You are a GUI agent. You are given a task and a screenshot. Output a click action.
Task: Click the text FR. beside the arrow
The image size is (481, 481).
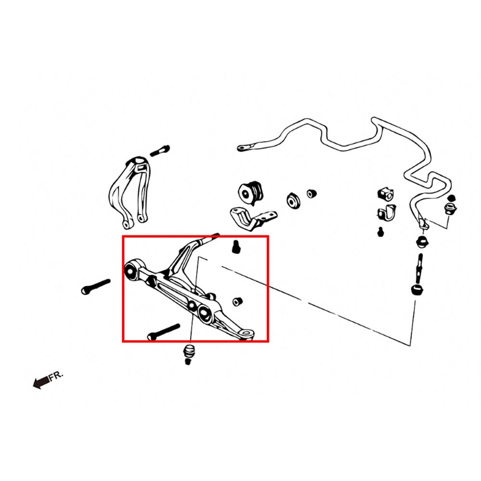coord(56,376)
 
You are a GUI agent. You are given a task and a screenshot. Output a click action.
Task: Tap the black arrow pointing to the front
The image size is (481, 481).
coord(41,382)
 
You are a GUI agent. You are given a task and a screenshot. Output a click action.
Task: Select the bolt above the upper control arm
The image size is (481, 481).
coord(160,151)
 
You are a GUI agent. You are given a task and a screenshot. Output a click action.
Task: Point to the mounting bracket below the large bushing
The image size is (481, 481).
coord(253,218)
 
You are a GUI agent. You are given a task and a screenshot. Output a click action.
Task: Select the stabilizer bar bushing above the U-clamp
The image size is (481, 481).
coord(385,193)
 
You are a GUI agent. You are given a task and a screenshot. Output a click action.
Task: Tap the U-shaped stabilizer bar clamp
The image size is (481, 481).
coord(387,213)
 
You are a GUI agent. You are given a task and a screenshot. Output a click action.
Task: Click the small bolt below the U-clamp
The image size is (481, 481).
coord(380,232)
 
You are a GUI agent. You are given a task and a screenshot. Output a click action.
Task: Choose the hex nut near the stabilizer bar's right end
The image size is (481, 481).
coord(450,209)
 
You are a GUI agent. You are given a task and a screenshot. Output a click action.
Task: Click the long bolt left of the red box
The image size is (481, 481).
coord(96,287)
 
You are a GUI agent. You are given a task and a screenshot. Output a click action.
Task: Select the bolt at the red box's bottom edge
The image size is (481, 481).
coord(164,332)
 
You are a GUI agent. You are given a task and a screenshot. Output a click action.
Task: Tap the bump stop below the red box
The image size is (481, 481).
coord(189,354)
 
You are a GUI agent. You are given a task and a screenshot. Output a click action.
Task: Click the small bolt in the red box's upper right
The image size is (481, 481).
coord(236,247)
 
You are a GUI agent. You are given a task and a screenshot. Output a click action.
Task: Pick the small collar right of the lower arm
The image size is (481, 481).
coord(237,301)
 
